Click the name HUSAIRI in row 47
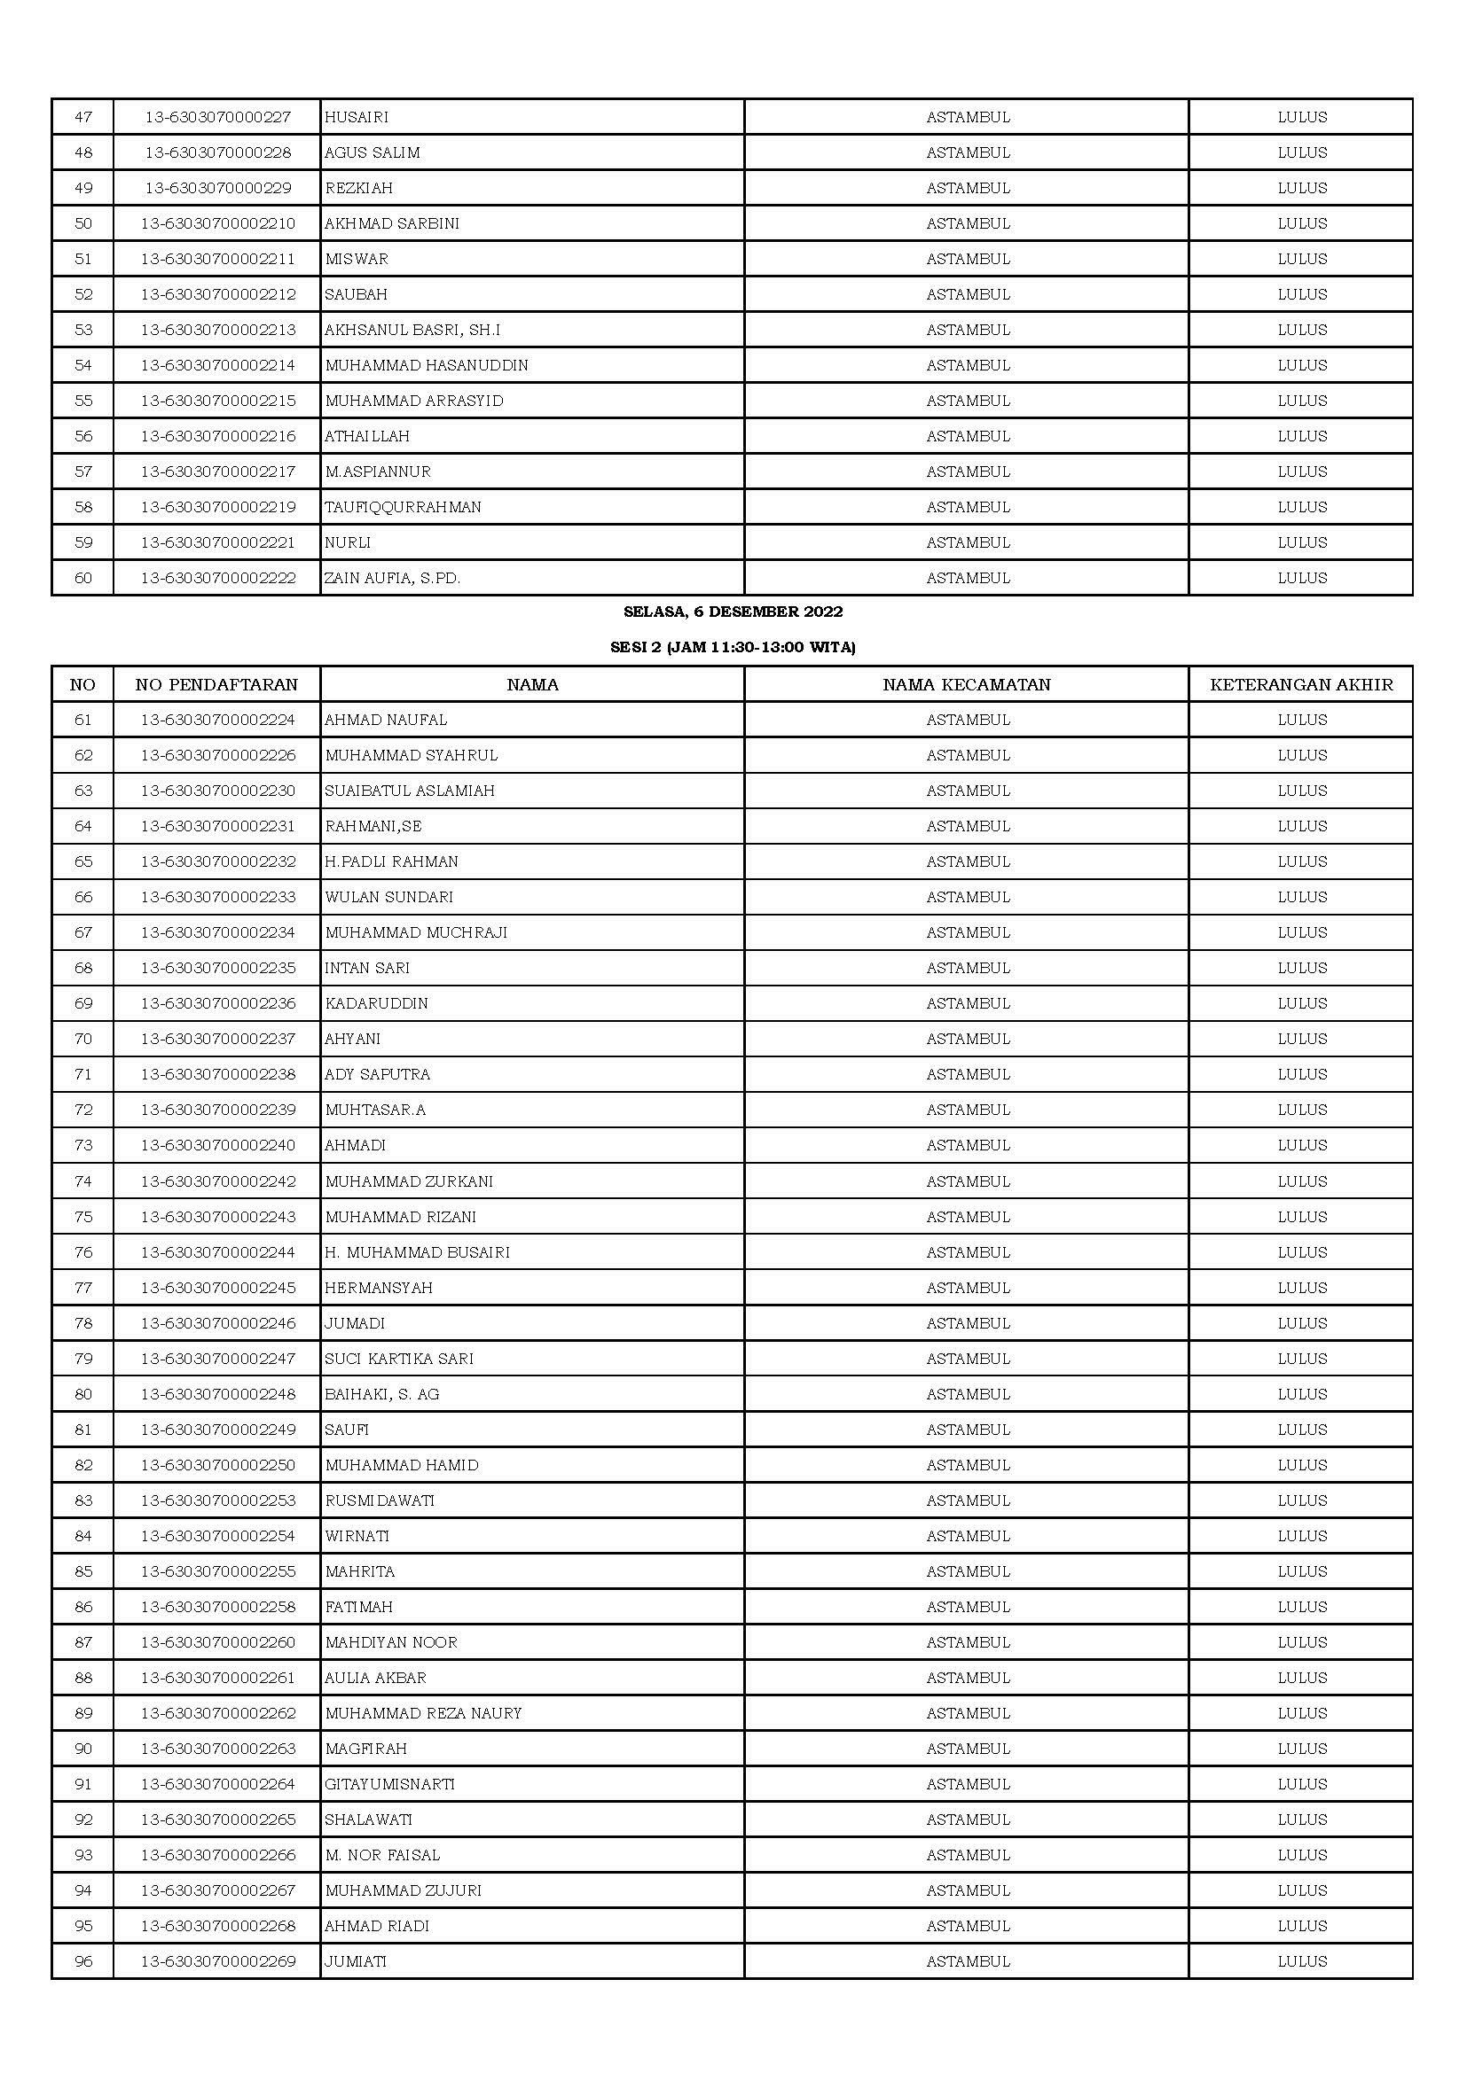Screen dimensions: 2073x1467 click(357, 117)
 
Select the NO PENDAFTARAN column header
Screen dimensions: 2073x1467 click(216, 684)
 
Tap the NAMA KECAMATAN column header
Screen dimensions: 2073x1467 click(967, 684)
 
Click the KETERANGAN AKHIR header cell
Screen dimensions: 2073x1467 click(1301, 684)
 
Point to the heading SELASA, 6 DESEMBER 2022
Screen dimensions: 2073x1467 click(733, 612)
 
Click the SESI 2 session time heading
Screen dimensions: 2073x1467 click(733, 647)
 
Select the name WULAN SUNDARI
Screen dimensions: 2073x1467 click(389, 897)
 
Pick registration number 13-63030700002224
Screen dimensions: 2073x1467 click(217, 720)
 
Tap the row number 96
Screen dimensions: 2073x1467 click(83, 1961)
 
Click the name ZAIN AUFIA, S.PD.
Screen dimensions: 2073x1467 click(393, 578)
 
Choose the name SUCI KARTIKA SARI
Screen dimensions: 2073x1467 click(399, 1359)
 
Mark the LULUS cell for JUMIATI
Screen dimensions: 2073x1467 click(1302, 1961)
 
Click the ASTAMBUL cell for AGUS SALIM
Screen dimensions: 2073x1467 click(968, 152)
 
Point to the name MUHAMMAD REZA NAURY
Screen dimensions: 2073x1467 click(424, 1713)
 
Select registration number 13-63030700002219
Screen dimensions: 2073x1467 click(217, 508)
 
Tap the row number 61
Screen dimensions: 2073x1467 click(83, 720)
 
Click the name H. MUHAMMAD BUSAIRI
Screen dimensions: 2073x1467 click(418, 1252)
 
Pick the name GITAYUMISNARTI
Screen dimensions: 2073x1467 click(390, 1784)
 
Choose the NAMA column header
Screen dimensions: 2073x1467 click(532, 684)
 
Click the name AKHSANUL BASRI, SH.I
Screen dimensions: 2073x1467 click(412, 330)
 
